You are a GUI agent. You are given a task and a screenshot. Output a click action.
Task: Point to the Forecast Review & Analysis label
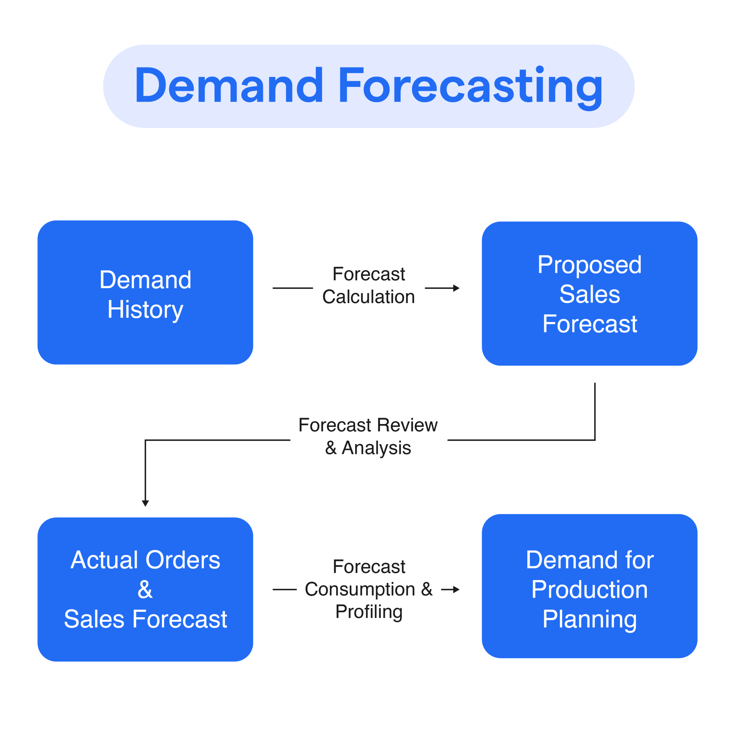tap(368, 436)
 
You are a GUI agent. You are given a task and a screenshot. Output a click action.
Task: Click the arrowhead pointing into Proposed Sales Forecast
tap(456, 288)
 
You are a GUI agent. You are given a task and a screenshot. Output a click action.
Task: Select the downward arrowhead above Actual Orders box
tap(145, 503)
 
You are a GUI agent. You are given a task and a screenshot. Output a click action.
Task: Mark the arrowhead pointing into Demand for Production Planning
tap(456, 590)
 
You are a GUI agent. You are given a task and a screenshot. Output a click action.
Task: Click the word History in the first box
tap(145, 309)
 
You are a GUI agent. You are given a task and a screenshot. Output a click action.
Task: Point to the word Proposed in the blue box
tap(590, 265)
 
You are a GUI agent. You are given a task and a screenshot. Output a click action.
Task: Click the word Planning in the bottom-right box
tap(590, 619)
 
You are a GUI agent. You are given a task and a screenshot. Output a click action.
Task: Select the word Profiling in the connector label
tap(369, 611)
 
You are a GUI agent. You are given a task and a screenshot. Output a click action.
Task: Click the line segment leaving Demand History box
tap(293, 288)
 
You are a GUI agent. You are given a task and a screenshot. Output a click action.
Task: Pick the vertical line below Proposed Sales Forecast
tap(595, 411)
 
